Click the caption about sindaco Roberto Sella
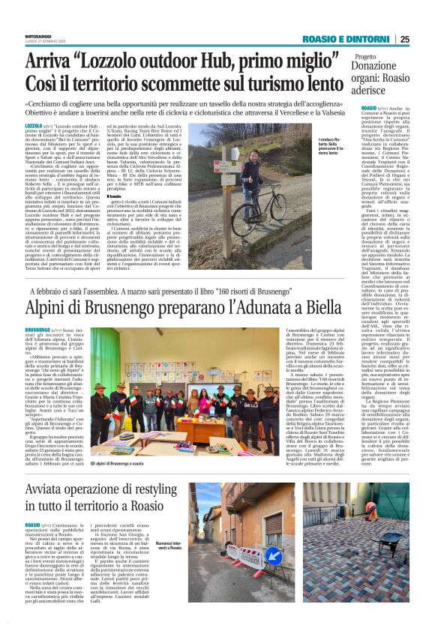pos(288,163)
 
